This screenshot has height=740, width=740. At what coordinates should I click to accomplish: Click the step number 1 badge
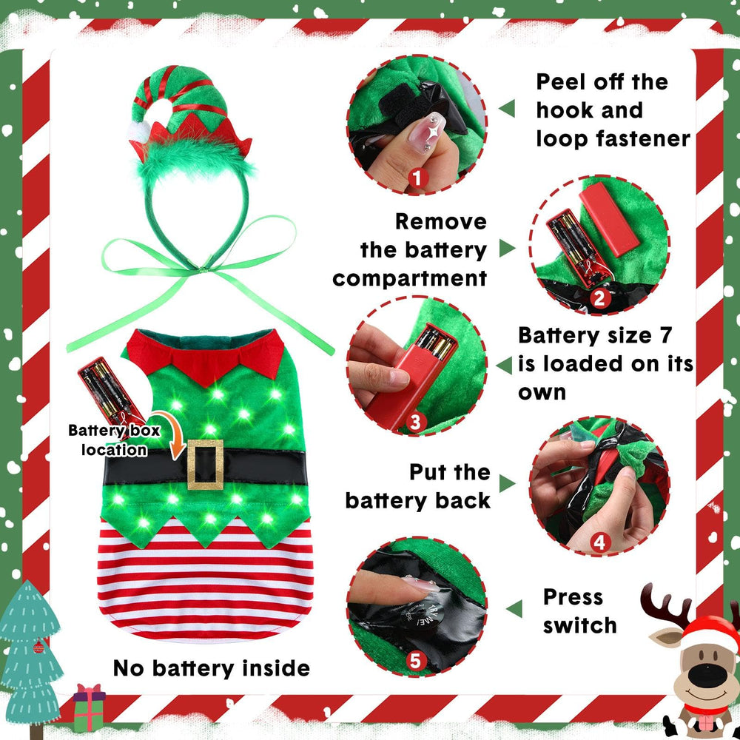[417, 178]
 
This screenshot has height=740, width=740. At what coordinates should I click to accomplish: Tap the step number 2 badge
[599, 298]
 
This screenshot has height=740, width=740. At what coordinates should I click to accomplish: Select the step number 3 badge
[415, 422]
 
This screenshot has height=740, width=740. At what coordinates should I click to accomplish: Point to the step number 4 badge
[599, 542]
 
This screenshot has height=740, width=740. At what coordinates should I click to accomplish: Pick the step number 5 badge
[415, 661]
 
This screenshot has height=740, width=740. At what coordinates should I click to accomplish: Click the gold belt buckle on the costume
[205, 465]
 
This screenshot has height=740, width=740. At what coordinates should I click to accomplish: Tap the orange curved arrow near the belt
[169, 432]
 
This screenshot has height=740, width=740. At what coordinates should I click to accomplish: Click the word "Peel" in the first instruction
[560, 82]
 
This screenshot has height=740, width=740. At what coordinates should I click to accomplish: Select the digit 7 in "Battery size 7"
[665, 335]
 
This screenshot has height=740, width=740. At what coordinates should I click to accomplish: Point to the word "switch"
[580, 625]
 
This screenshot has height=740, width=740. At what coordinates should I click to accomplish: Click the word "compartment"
[410, 278]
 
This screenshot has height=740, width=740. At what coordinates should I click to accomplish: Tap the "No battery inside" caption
[212, 668]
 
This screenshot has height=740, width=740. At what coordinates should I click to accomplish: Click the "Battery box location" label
[114, 440]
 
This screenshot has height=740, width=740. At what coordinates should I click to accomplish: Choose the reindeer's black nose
[707, 676]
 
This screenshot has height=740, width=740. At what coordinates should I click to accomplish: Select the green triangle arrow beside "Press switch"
[514, 608]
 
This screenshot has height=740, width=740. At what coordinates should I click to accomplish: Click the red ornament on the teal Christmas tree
[38, 647]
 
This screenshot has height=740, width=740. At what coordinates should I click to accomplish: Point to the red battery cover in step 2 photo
[609, 220]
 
